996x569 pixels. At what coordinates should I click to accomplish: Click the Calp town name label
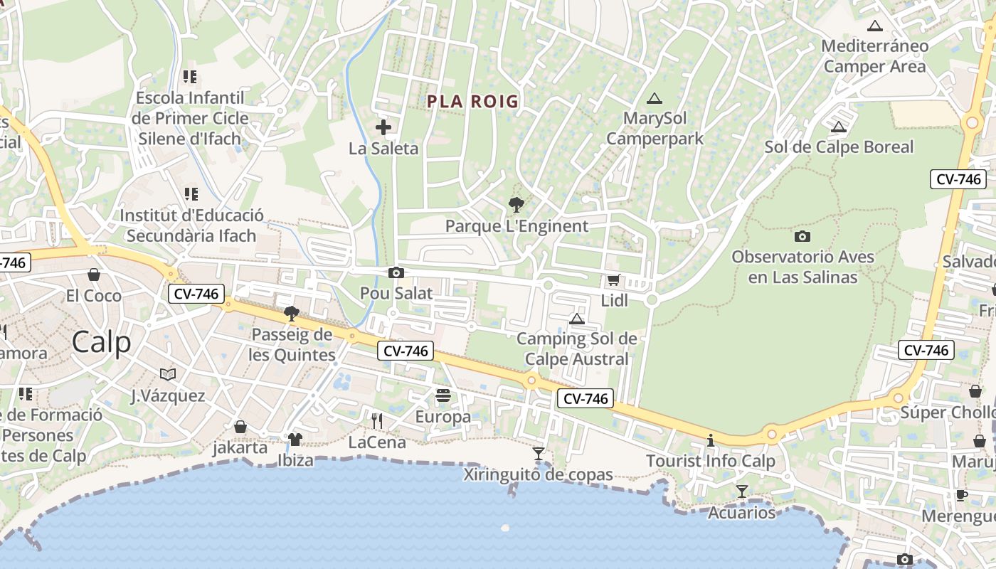(x=101, y=342)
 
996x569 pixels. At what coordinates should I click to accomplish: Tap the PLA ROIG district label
(x=473, y=102)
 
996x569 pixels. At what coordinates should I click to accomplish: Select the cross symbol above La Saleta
(x=383, y=127)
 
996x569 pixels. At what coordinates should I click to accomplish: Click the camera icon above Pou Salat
(x=396, y=272)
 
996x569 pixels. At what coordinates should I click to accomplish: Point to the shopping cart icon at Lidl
(x=613, y=280)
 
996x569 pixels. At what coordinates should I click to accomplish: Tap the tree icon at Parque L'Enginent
(x=516, y=205)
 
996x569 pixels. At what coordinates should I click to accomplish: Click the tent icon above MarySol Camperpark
(x=655, y=98)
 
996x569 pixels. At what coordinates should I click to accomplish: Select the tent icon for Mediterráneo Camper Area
(x=875, y=26)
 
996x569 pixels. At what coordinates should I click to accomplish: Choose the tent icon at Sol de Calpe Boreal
(x=839, y=127)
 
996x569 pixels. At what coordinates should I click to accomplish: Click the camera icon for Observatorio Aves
(x=802, y=236)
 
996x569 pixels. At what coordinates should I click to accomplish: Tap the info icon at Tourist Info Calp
(x=710, y=440)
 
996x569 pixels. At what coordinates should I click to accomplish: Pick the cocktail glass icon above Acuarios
(x=742, y=491)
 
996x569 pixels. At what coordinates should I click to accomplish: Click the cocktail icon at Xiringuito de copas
(x=539, y=453)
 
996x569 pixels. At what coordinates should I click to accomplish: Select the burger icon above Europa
(x=443, y=395)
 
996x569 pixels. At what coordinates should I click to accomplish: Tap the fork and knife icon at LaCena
(x=377, y=421)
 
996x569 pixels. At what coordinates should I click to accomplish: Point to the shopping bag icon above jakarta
(x=240, y=427)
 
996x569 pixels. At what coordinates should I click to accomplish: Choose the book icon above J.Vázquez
(x=168, y=374)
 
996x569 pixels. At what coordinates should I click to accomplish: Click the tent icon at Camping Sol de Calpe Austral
(x=577, y=318)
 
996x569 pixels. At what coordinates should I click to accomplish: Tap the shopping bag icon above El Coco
(x=94, y=275)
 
